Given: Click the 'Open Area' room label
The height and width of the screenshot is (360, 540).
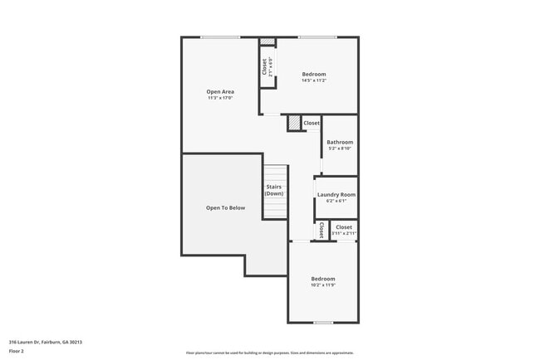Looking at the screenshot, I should (220, 91).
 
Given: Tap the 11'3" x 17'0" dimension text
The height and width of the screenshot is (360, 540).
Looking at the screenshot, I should (220, 98).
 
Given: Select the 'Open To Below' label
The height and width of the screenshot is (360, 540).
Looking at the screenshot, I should (225, 207).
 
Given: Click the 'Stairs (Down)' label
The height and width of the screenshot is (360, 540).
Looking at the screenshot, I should (274, 190).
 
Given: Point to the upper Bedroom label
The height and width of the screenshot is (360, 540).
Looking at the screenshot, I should (313, 74).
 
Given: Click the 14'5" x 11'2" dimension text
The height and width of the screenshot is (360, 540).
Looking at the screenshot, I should (313, 80).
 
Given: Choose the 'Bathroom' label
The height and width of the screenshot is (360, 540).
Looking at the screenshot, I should (339, 142).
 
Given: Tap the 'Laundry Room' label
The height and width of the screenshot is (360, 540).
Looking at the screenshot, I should (336, 194).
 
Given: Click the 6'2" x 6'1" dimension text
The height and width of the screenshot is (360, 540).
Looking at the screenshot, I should (336, 201).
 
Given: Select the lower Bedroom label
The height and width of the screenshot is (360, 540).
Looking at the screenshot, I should (322, 278).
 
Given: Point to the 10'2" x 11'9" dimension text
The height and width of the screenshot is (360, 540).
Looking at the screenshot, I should (322, 285).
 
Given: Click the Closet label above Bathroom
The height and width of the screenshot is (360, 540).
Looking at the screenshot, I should (312, 123).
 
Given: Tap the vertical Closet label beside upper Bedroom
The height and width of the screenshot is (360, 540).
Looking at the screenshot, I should (265, 66).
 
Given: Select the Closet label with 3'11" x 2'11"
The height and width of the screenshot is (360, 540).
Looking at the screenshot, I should (343, 226).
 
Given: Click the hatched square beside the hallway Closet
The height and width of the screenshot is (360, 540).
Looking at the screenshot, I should (294, 123).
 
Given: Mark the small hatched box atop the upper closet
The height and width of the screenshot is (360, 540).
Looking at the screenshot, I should (267, 41).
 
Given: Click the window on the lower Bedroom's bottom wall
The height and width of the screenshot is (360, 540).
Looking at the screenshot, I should (322, 322).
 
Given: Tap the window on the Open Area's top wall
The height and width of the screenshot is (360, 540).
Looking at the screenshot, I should (220, 36).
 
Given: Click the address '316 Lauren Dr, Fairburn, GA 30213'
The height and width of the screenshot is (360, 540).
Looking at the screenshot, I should (45, 342).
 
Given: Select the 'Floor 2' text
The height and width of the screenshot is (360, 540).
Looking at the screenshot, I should (17, 351).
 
